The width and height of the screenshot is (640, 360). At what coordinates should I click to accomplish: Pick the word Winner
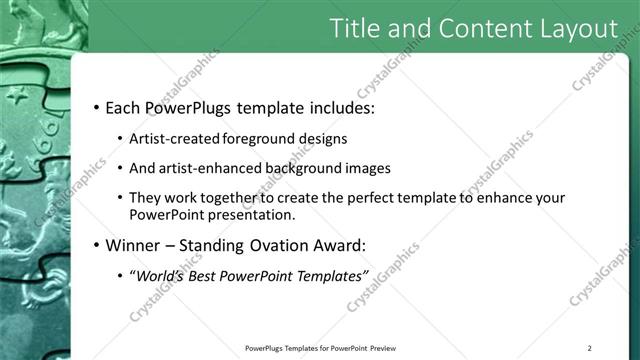(x=137, y=244)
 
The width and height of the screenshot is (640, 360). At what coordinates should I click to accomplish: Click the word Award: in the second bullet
(x=368, y=244)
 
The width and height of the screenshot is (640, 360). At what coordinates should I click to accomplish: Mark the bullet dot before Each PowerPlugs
(x=95, y=107)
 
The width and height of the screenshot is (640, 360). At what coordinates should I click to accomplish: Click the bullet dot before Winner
(x=95, y=245)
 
